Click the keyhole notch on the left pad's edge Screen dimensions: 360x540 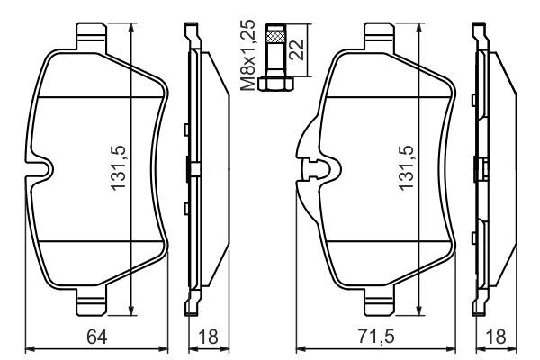[x=40, y=168]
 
